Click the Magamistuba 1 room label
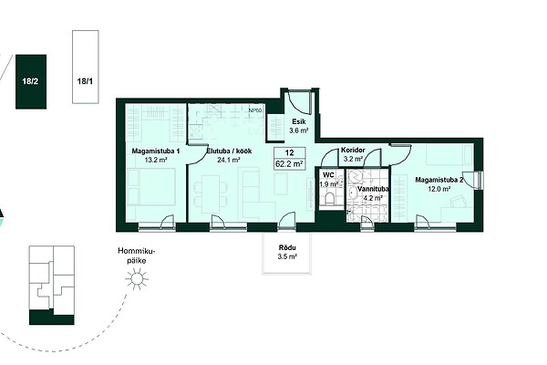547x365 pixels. point(156,151)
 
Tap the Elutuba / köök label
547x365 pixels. point(229,151)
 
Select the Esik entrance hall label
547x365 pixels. point(299,121)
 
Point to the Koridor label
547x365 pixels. point(353,150)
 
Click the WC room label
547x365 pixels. point(328,175)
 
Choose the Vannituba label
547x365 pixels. point(373,189)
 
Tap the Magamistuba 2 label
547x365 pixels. point(439,181)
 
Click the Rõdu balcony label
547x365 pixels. point(287,248)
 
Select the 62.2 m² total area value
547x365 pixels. point(289,163)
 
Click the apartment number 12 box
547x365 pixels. point(290,153)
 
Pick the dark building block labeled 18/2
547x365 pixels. point(31,82)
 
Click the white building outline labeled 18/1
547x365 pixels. point(86,67)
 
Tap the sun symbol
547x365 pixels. point(137,278)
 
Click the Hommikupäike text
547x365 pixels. point(136,255)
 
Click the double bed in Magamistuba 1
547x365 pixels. point(151,186)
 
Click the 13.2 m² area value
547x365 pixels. point(156,161)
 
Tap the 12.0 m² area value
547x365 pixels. point(439,189)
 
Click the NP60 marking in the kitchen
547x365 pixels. point(255,110)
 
